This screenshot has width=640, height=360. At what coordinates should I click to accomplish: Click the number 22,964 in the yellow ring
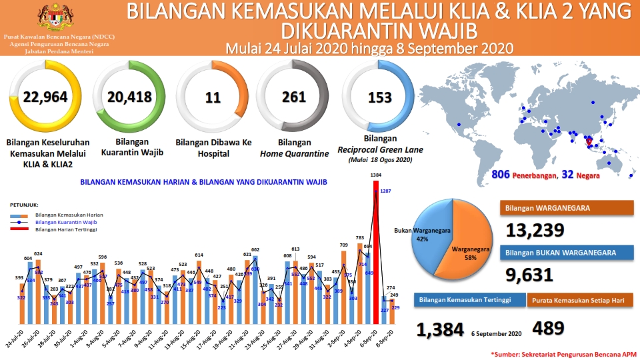pyautogui.click(x=45, y=97)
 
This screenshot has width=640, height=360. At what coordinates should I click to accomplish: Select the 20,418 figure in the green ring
pyautogui.click(x=129, y=97)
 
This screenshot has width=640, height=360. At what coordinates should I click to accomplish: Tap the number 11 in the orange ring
pyautogui.click(x=213, y=98)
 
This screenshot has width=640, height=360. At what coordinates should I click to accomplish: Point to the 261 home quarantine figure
pyautogui.click(x=294, y=97)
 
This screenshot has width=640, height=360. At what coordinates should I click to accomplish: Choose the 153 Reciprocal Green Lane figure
pyautogui.click(x=379, y=97)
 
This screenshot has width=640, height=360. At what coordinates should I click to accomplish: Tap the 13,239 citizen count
pyautogui.click(x=535, y=231)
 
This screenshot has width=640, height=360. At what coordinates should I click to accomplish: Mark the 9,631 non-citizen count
pyautogui.click(x=530, y=275)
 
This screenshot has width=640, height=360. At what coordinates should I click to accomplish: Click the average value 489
pyautogui.click(x=549, y=328)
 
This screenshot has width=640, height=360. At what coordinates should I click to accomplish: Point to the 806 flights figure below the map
pyautogui.click(x=501, y=175)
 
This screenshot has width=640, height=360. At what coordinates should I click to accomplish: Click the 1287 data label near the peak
pyautogui.click(x=386, y=191)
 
